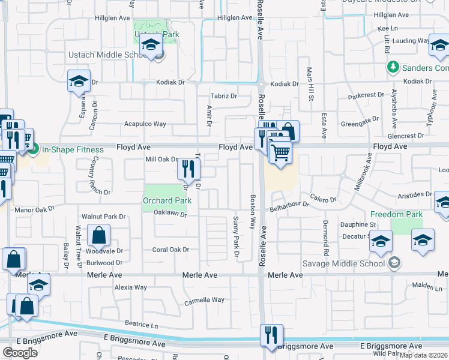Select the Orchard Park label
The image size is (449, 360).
click(x=166, y=200)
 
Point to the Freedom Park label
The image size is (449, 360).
click(x=396, y=214)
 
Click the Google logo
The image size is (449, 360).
click(x=20, y=353)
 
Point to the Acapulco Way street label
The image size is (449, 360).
click(x=145, y=124)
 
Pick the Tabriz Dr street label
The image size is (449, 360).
click(x=223, y=96)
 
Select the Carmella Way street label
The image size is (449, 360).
click(x=204, y=300)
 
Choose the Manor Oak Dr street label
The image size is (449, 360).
click(x=34, y=209)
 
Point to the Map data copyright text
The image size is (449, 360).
click(x=424, y=355)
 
